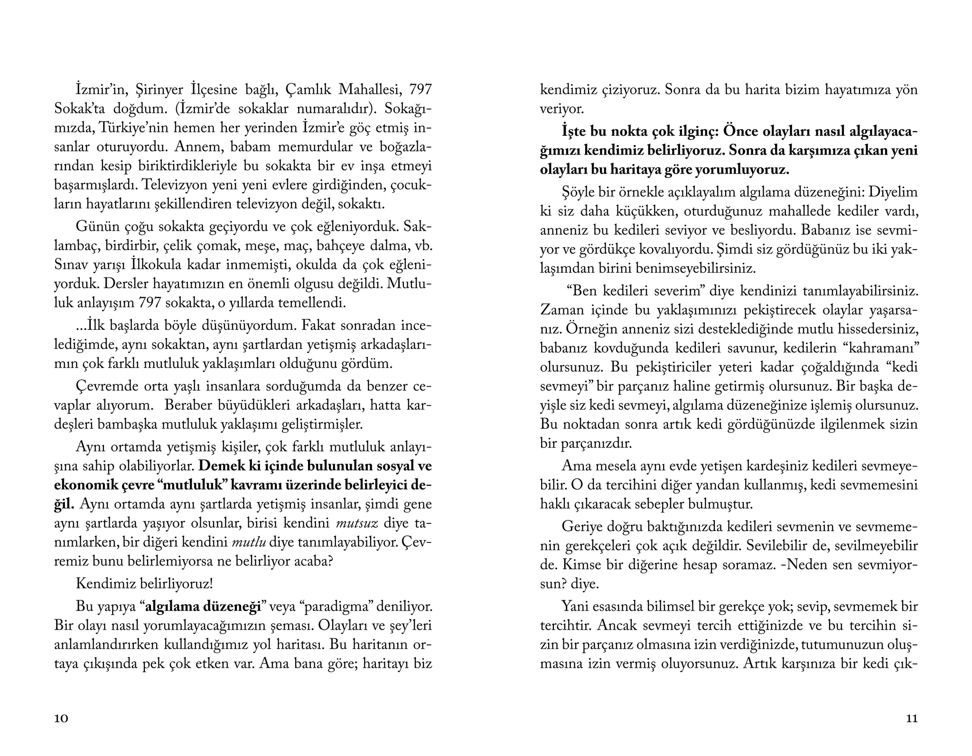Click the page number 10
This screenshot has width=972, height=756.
[x=61, y=719]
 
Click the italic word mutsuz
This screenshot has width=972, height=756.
[x=356, y=523]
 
